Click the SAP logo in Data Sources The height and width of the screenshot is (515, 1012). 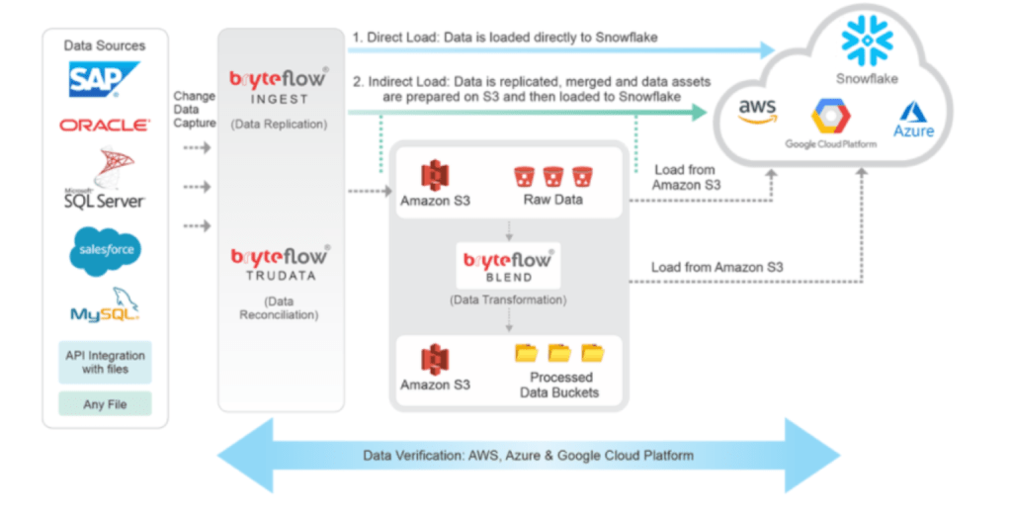click(x=104, y=79)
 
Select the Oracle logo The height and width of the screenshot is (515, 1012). click(x=105, y=126)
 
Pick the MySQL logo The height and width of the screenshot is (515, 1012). click(x=105, y=306)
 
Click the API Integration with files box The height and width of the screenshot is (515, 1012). click(x=105, y=362)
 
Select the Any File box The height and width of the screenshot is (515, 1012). click(x=105, y=403)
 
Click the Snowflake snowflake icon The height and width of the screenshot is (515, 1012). click(x=867, y=41)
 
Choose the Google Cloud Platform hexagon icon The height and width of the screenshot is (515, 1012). click(x=831, y=117)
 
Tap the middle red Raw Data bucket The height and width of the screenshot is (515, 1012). click(x=552, y=176)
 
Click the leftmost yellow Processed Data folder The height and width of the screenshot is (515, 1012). click(x=526, y=352)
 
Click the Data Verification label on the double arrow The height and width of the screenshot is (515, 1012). click(x=528, y=456)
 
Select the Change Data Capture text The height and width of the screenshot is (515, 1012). click(x=195, y=110)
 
